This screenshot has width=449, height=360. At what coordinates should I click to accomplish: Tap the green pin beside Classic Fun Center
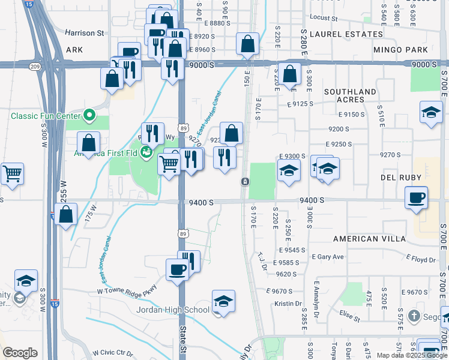tap(89, 113)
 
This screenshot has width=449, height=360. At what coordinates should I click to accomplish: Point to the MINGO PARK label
tap(400, 50)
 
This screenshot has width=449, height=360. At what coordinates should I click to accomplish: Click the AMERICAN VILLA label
tap(368, 239)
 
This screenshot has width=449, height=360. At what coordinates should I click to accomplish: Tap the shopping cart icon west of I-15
tap(11, 173)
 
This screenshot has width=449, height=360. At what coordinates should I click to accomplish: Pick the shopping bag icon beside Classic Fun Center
tap(88, 143)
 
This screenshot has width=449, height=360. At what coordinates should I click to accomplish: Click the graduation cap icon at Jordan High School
tap(223, 301)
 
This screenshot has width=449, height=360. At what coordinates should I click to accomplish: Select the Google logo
tap(20, 353)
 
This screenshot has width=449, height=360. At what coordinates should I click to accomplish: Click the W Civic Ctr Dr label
tap(111, 352)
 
